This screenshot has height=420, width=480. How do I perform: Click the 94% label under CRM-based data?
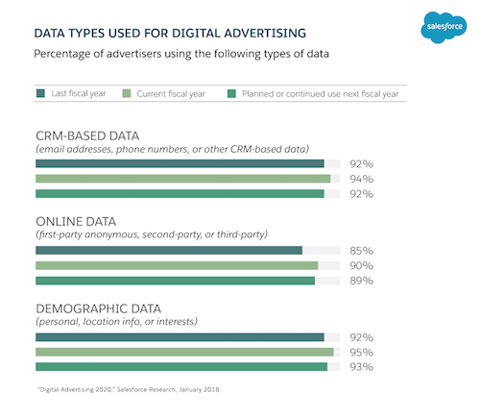[361, 179]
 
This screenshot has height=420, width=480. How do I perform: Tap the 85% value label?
[361, 251]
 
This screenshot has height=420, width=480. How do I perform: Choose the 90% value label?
[361, 265]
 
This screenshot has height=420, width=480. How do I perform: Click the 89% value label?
[361, 281]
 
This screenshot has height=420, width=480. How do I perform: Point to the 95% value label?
[361, 352]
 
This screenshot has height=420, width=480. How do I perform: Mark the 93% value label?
[361, 367]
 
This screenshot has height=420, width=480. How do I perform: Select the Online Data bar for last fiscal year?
[168, 250]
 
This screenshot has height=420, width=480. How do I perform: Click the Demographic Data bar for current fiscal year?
[183, 352]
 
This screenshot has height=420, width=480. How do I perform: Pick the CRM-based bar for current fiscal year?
[182, 179]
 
